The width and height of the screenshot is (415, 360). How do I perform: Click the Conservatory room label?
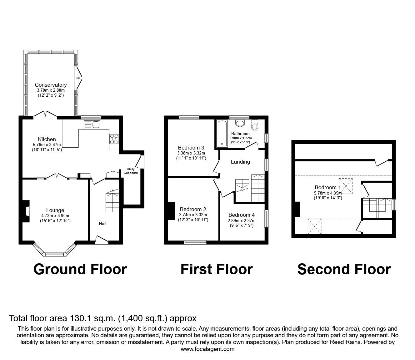click(51, 85)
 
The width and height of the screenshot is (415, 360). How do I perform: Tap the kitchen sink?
click(92, 125)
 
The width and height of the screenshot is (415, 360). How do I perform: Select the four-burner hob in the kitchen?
click(114, 139)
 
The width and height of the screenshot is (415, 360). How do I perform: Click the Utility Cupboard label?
click(131, 171)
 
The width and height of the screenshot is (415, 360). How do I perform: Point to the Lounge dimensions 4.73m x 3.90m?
click(55, 215)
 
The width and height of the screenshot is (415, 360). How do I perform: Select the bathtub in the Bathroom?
click(222, 133)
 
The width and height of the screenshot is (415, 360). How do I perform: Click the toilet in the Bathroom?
click(255, 125)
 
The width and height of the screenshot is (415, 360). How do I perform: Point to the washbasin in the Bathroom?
click(240, 124)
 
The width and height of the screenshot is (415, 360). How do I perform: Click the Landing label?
click(240, 162)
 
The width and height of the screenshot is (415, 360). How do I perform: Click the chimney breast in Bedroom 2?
click(171, 211)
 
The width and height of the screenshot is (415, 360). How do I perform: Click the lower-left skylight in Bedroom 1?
click(314, 226)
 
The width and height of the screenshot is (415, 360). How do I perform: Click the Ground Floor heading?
click(80, 269)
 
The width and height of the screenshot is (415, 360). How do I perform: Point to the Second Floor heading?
click(344, 269)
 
